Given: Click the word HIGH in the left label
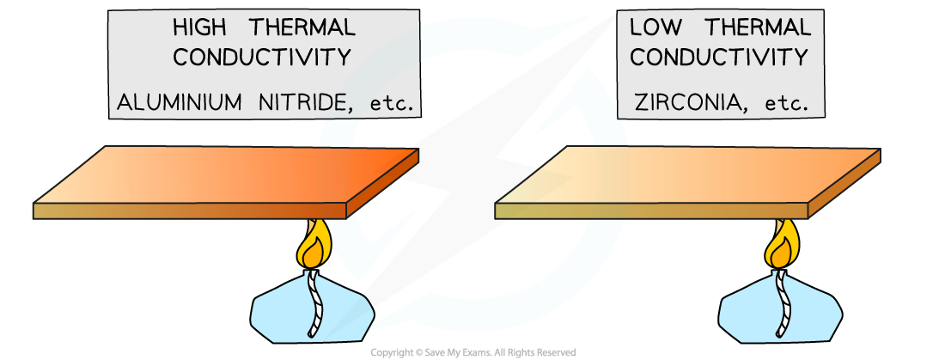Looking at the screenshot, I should pos(199,27).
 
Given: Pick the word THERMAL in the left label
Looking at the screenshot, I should pos(302,27).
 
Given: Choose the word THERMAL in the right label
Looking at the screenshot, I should pos(758,27).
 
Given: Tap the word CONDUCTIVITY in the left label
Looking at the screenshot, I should pos(262,58).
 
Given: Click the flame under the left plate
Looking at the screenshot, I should pos(314,246).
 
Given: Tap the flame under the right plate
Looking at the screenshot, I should pos(783,246).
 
